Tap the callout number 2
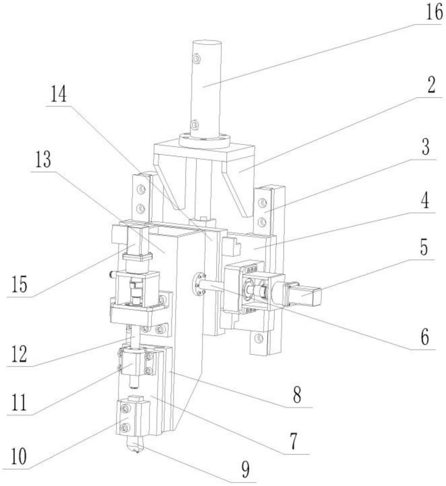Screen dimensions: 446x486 431,86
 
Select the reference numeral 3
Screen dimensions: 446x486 426,147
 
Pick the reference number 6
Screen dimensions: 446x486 425,337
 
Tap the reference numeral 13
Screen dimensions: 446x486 43,160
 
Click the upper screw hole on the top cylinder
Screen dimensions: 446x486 196,58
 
